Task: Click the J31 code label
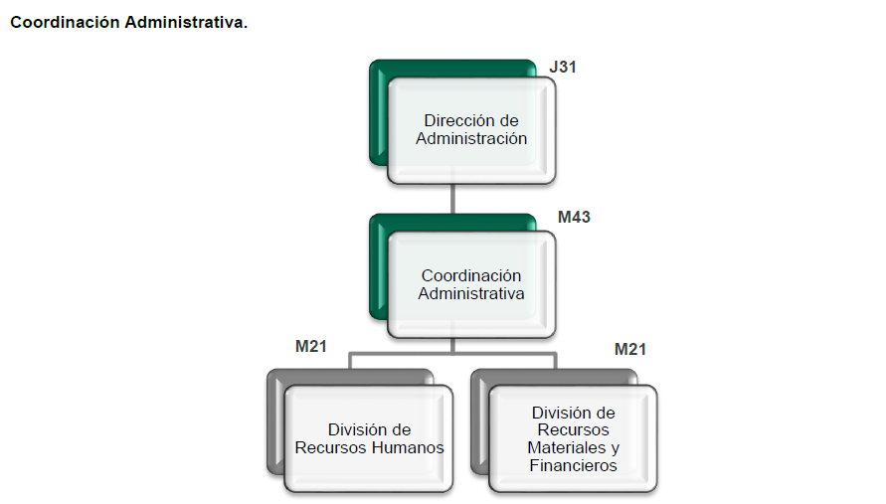click(x=563, y=67)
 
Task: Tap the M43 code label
click(x=574, y=217)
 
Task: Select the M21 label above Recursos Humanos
click(x=311, y=346)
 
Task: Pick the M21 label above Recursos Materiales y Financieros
click(x=630, y=349)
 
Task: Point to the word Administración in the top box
click(x=471, y=138)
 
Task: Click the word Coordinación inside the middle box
click(x=471, y=275)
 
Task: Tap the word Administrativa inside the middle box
click(x=471, y=294)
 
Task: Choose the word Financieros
click(x=574, y=465)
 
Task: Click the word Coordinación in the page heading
click(x=65, y=22)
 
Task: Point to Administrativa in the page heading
click(x=186, y=22)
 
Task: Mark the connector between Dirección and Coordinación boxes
click(x=452, y=199)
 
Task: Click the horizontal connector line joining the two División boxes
click(x=452, y=354)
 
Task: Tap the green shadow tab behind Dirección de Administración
click(x=378, y=113)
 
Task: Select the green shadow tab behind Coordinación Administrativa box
click(x=378, y=265)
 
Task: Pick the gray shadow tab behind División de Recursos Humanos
click(x=275, y=420)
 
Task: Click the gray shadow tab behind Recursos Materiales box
click(x=479, y=420)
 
